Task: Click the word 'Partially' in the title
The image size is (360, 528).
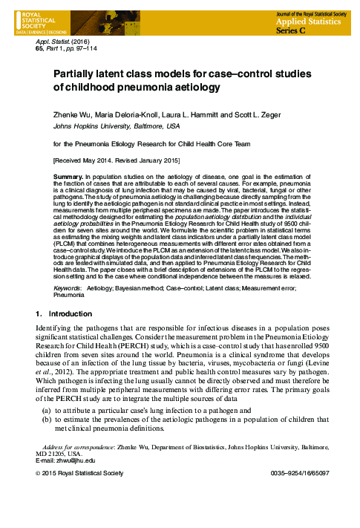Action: pos(75,74)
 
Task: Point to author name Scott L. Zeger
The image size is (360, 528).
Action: pos(241,116)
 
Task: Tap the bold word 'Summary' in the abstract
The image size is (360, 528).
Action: pos(68,177)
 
